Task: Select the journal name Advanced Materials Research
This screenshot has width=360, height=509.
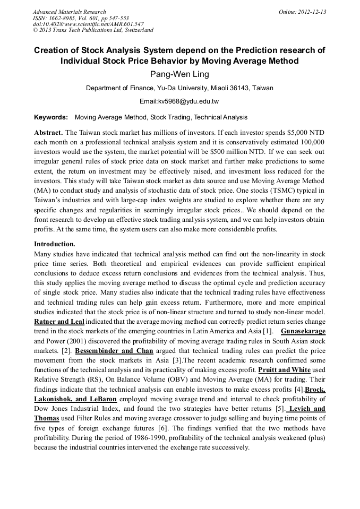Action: [69, 12]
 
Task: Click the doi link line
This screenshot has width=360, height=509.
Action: [88, 24]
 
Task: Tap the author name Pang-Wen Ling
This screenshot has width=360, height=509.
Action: [179, 74]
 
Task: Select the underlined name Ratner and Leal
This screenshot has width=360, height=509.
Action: [59, 322]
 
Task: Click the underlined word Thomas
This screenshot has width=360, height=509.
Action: [47, 419]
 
